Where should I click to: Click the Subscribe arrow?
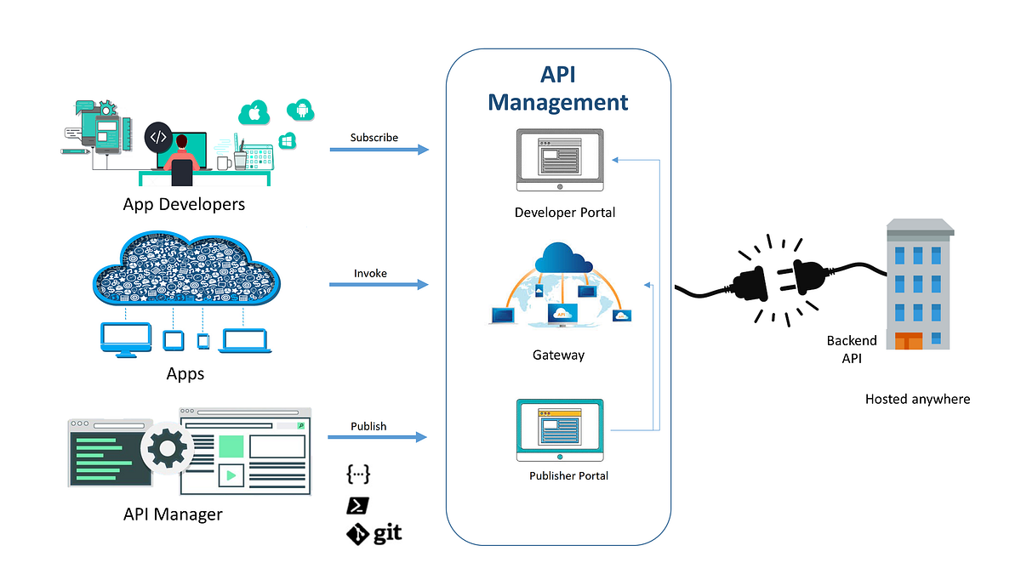[379, 150]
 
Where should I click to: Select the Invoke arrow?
[379, 285]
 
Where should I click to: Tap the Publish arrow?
[379, 437]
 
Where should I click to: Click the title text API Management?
[558, 88]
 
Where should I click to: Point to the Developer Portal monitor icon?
[559, 159]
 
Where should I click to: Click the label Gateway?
[558, 355]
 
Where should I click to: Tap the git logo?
[374, 534]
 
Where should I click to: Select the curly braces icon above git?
[359, 475]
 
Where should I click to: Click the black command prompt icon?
[357, 505]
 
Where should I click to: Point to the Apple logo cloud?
[254, 112]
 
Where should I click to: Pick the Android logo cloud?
[300, 109]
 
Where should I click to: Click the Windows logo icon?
[288, 140]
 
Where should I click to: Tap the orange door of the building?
[909, 340]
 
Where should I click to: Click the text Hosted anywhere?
[917, 399]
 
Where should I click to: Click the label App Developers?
[184, 204]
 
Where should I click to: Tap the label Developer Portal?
[565, 212]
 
